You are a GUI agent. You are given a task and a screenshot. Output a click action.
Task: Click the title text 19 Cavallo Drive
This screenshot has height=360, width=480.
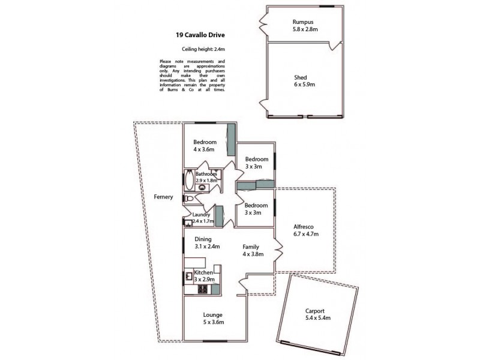coord(191,34)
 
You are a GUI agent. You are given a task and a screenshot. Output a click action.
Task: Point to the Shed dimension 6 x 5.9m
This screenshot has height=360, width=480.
coord(304,85)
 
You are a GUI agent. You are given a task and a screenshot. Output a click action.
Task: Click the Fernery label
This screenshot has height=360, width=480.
coord(163,197)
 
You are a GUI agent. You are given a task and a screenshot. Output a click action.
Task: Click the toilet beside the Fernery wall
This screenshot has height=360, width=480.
coord(187,199)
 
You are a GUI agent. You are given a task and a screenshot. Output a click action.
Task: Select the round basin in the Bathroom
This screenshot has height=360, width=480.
coord(202,187)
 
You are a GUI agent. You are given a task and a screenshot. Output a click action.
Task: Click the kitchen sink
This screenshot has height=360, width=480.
coord(188,277)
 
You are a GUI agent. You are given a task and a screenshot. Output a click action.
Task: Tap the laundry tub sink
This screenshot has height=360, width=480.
coord(188,223)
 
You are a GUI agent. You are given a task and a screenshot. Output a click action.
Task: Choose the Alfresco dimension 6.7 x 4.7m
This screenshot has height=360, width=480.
coord(304,235)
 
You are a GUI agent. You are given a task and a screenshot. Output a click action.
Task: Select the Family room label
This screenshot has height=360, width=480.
coord(251,247)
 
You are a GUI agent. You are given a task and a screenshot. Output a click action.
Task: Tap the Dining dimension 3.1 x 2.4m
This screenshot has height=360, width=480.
coord(207,246)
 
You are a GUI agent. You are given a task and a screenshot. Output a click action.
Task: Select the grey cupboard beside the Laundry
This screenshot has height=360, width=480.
coord(219,216)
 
